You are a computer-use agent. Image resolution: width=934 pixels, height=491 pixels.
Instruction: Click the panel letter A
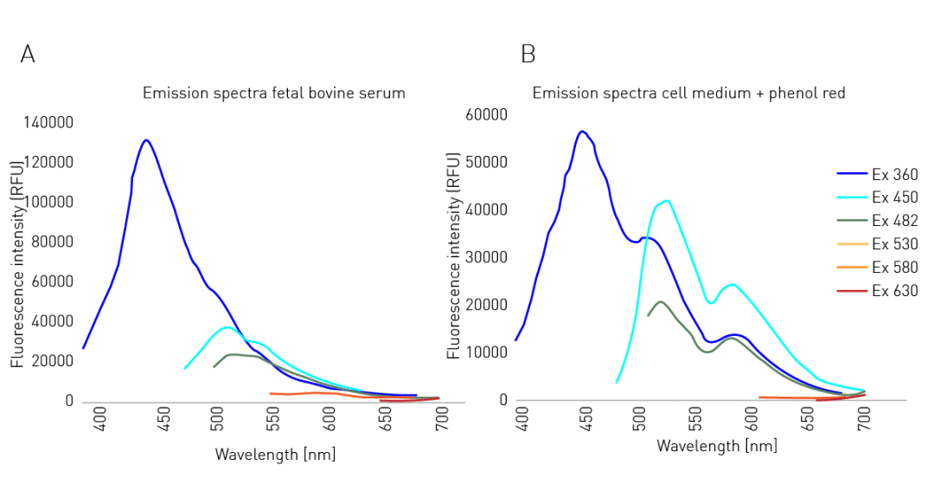pos(28,55)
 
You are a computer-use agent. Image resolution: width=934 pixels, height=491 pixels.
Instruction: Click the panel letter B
pos(528,55)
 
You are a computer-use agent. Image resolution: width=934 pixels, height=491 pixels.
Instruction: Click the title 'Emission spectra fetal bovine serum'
pos(273,93)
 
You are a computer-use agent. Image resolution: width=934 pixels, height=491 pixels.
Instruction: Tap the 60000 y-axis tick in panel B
pos(487,114)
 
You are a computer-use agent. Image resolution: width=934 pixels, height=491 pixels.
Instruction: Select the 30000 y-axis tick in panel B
pos(487,257)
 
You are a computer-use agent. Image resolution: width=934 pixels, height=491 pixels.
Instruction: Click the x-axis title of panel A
pos(275,454)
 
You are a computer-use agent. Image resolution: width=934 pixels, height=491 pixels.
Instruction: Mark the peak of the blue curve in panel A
pos(146,139)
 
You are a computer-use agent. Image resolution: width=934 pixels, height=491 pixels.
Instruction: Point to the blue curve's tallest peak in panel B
pos(582,132)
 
